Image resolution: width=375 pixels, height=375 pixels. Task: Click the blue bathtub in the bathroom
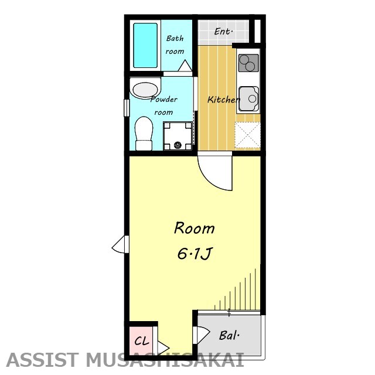coord(145,46)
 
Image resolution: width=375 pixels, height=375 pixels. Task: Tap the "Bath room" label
coord(175,45)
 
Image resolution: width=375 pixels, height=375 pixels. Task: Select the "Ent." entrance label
coord(223,31)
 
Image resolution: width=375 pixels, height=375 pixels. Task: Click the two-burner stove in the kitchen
coord(248,63)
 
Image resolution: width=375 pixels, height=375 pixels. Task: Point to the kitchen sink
coord(248,98)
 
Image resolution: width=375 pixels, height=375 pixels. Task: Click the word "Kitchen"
coord(223,99)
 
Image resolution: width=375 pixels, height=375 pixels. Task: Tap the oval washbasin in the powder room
coord(145,90)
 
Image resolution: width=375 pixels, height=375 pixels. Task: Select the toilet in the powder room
coord(144,134)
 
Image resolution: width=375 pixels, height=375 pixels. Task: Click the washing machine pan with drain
coord(178,136)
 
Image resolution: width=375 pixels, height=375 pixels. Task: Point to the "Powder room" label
coord(164,105)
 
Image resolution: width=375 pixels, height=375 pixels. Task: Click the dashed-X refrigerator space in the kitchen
coord(247,135)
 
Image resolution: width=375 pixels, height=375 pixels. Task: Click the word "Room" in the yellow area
coord(194,228)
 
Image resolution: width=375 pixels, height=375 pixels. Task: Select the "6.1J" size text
coord(195,253)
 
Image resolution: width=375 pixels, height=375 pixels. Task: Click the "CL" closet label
coord(142,341)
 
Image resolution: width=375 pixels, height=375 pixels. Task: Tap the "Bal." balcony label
coord(229,335)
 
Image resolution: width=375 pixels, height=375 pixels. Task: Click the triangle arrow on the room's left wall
coord(118,244)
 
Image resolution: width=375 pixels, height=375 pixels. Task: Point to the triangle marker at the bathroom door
coord(185,66)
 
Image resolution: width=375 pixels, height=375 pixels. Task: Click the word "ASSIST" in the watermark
coord(42,360)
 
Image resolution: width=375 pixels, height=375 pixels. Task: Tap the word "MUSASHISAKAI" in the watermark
coord(165,360)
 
